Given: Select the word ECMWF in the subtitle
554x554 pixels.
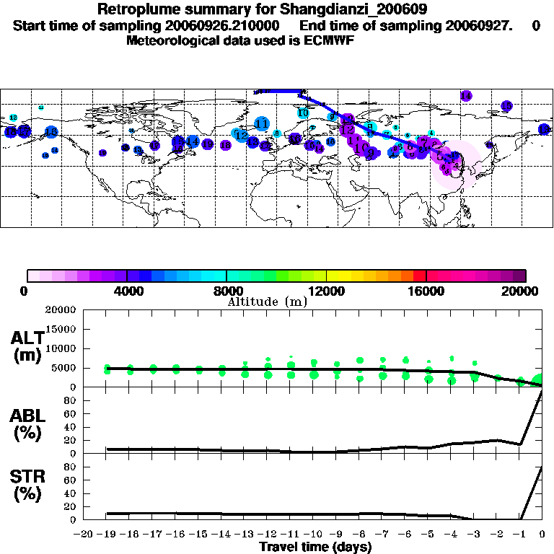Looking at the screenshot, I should coord(331,40).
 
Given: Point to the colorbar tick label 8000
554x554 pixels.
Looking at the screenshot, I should coord(227,291).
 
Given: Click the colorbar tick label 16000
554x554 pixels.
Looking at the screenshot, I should coord(426,291).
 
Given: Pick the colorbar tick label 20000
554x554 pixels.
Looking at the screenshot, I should coord(522,291).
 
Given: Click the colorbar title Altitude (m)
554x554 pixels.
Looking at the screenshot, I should coord(267,302).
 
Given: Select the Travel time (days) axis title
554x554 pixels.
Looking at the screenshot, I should coord(315,547).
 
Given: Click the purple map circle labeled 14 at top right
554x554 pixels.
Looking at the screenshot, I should coord(466,96).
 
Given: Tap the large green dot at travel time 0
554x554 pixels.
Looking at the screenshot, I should coord(538,381).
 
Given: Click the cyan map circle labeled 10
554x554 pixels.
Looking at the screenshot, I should coord(303,113).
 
